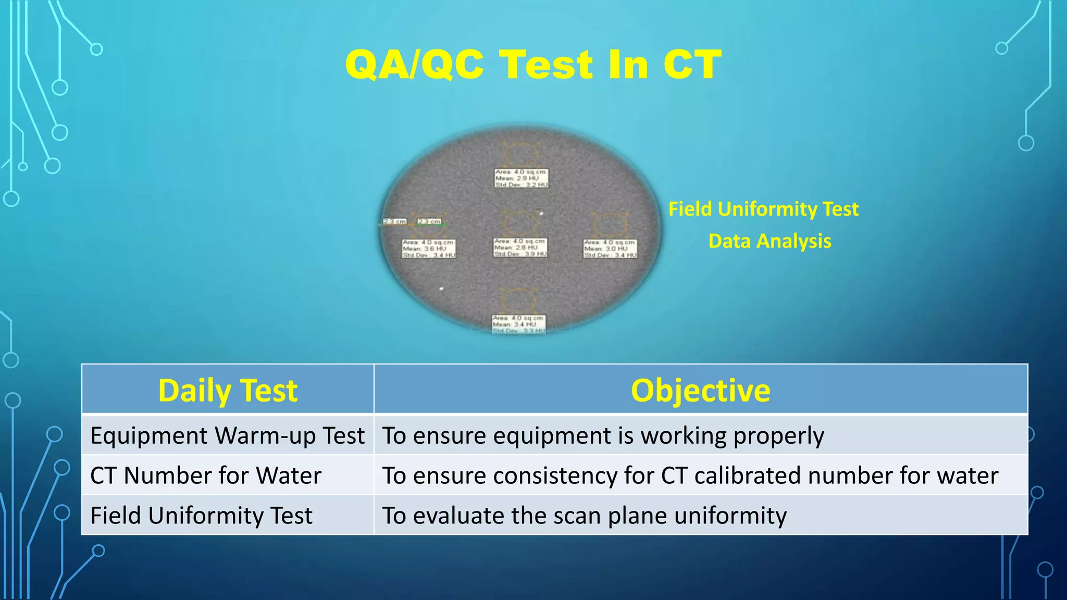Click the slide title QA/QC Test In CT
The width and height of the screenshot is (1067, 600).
(533, 65)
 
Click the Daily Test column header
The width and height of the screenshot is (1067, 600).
(228, 390)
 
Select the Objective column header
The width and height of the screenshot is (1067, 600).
(700, 390)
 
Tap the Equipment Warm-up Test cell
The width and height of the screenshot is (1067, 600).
(227, 435)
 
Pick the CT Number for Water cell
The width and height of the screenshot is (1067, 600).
(206, 476)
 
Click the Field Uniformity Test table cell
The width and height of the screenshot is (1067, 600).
(201, 516)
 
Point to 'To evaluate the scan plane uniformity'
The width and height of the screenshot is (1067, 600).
(584, 516)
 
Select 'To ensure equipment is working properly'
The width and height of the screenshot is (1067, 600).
(603, 435)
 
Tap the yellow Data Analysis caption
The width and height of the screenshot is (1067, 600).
(770, 241)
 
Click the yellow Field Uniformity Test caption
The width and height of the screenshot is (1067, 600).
(763, 209)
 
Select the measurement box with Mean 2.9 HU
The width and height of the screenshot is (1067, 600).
(521, 178)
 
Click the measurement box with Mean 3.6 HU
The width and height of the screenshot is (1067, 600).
(428, 249)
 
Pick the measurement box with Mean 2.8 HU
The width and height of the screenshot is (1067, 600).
(520, 247)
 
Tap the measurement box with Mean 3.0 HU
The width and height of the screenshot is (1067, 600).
(610, 249)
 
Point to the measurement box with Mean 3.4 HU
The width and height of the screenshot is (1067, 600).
(519, 324)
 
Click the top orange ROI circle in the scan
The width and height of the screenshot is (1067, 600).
(519, 154)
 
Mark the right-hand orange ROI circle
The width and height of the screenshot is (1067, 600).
(609, 225)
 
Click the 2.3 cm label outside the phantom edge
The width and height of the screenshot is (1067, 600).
(394, 221)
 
